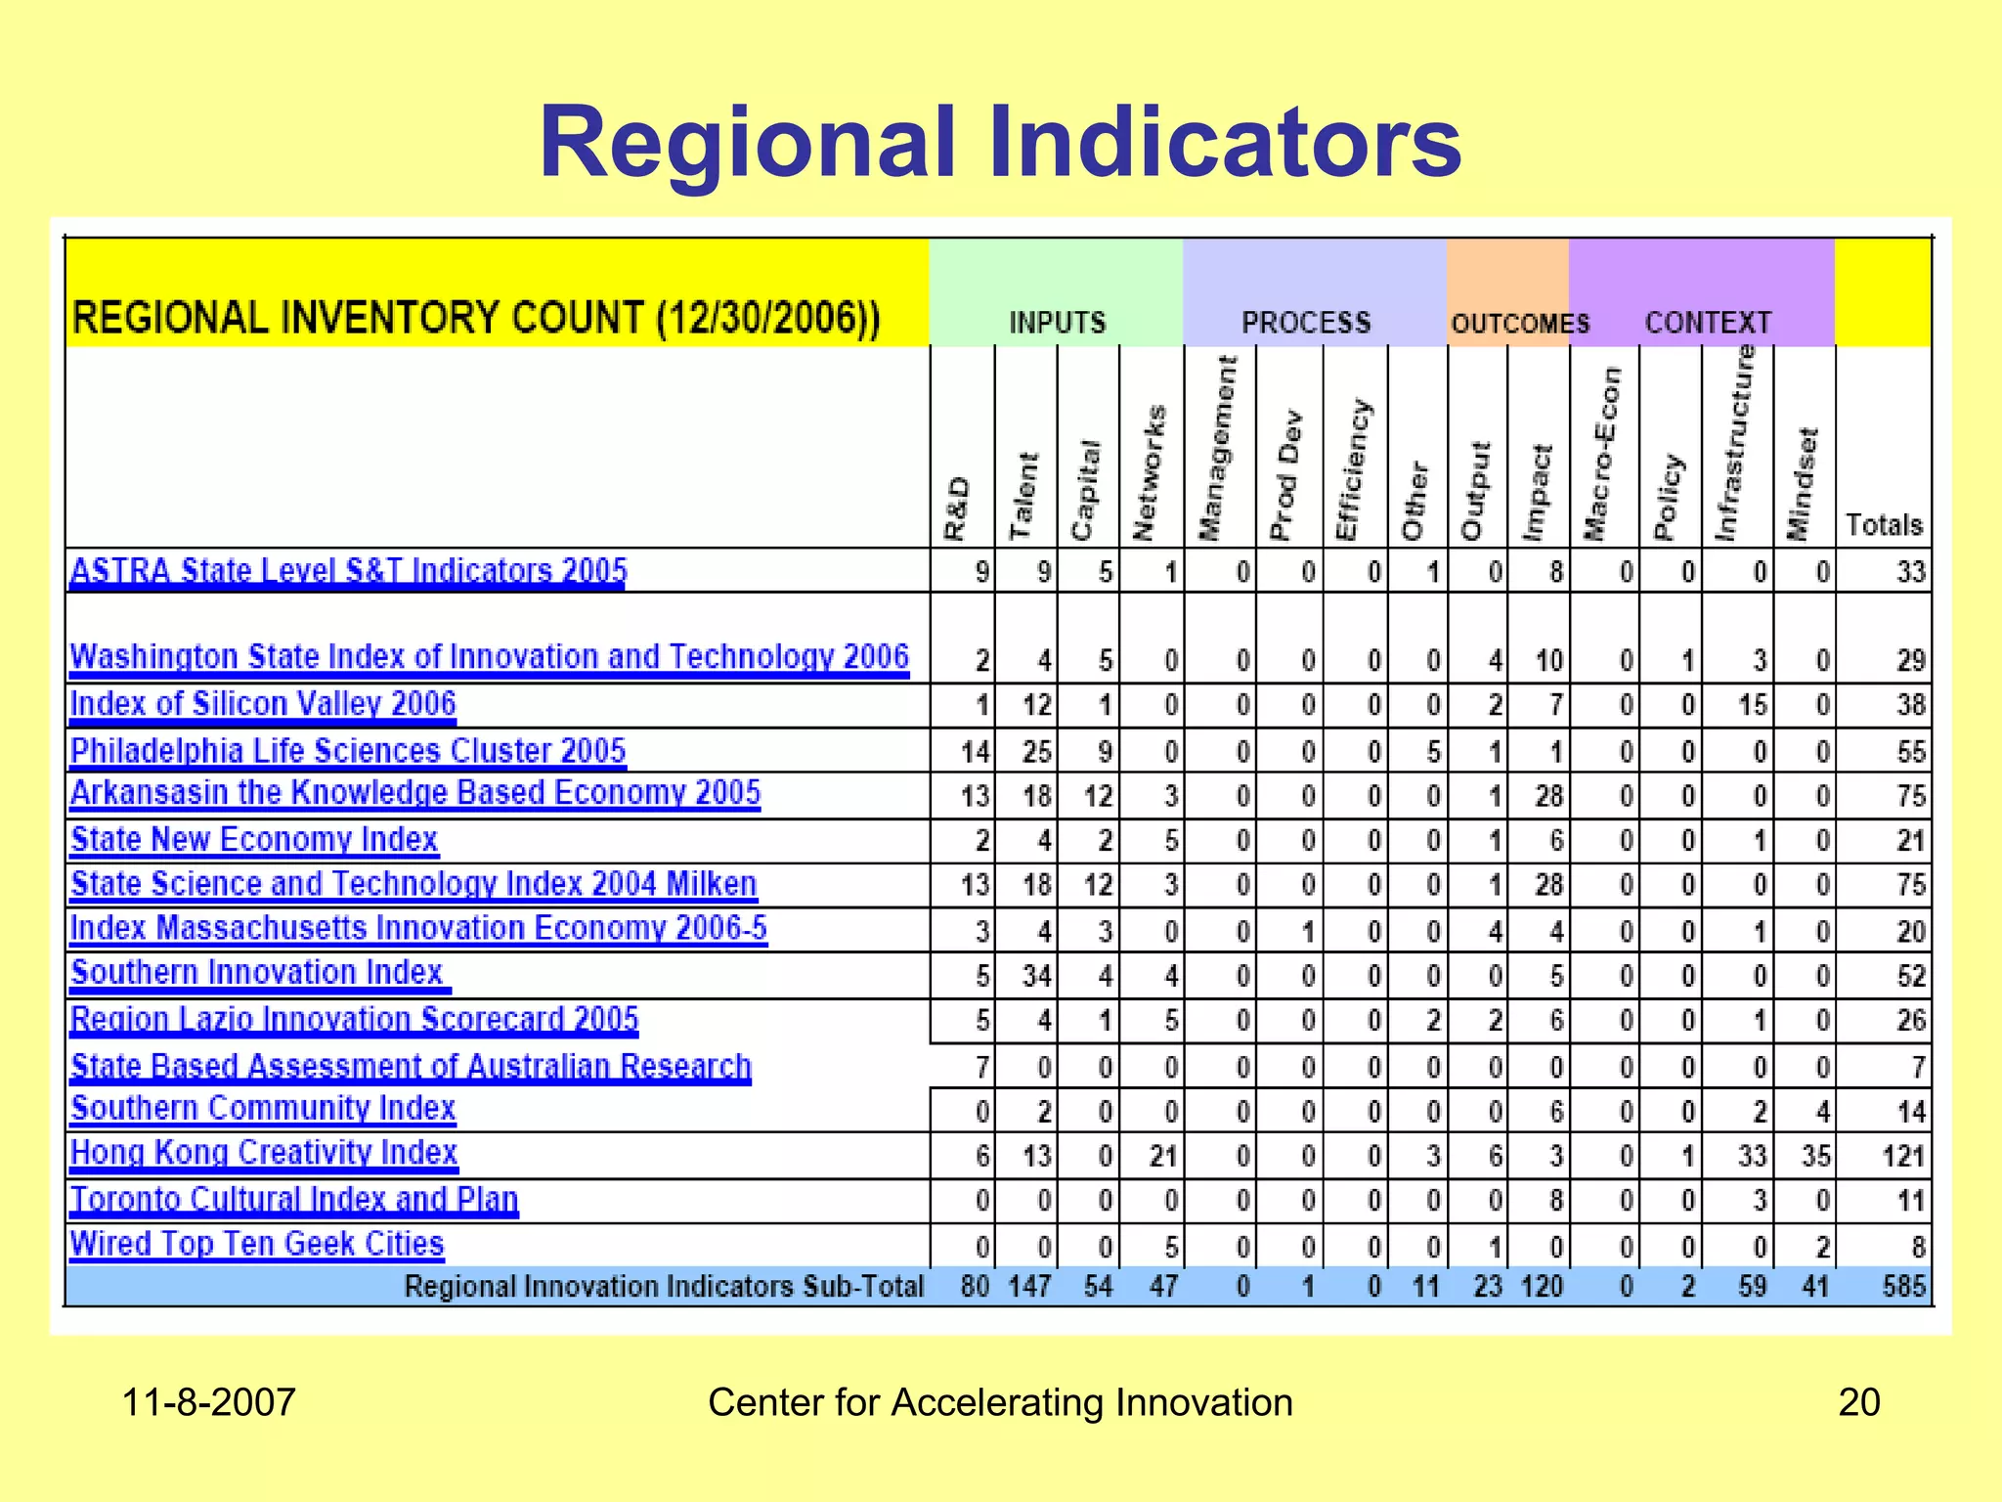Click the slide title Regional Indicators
[1000, 144]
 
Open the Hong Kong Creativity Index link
[264, 1153]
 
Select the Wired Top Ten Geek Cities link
[257, 1244]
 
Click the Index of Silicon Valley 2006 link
[263, 704]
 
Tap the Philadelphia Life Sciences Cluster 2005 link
[348, 751]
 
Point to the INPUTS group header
[1057, 323]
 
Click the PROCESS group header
[1306, 323]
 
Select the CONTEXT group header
[1708, 323]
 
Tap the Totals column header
[1884, 525]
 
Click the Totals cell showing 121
[1903, 1157]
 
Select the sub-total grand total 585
[1903, 1286]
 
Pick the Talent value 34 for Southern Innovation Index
[1035, 976]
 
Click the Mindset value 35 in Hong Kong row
[1815, 1157]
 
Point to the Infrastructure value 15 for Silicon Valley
[1753, 705]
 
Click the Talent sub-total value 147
[1030, 1286]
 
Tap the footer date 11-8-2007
[208, 1402]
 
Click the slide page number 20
[1858, 1402]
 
